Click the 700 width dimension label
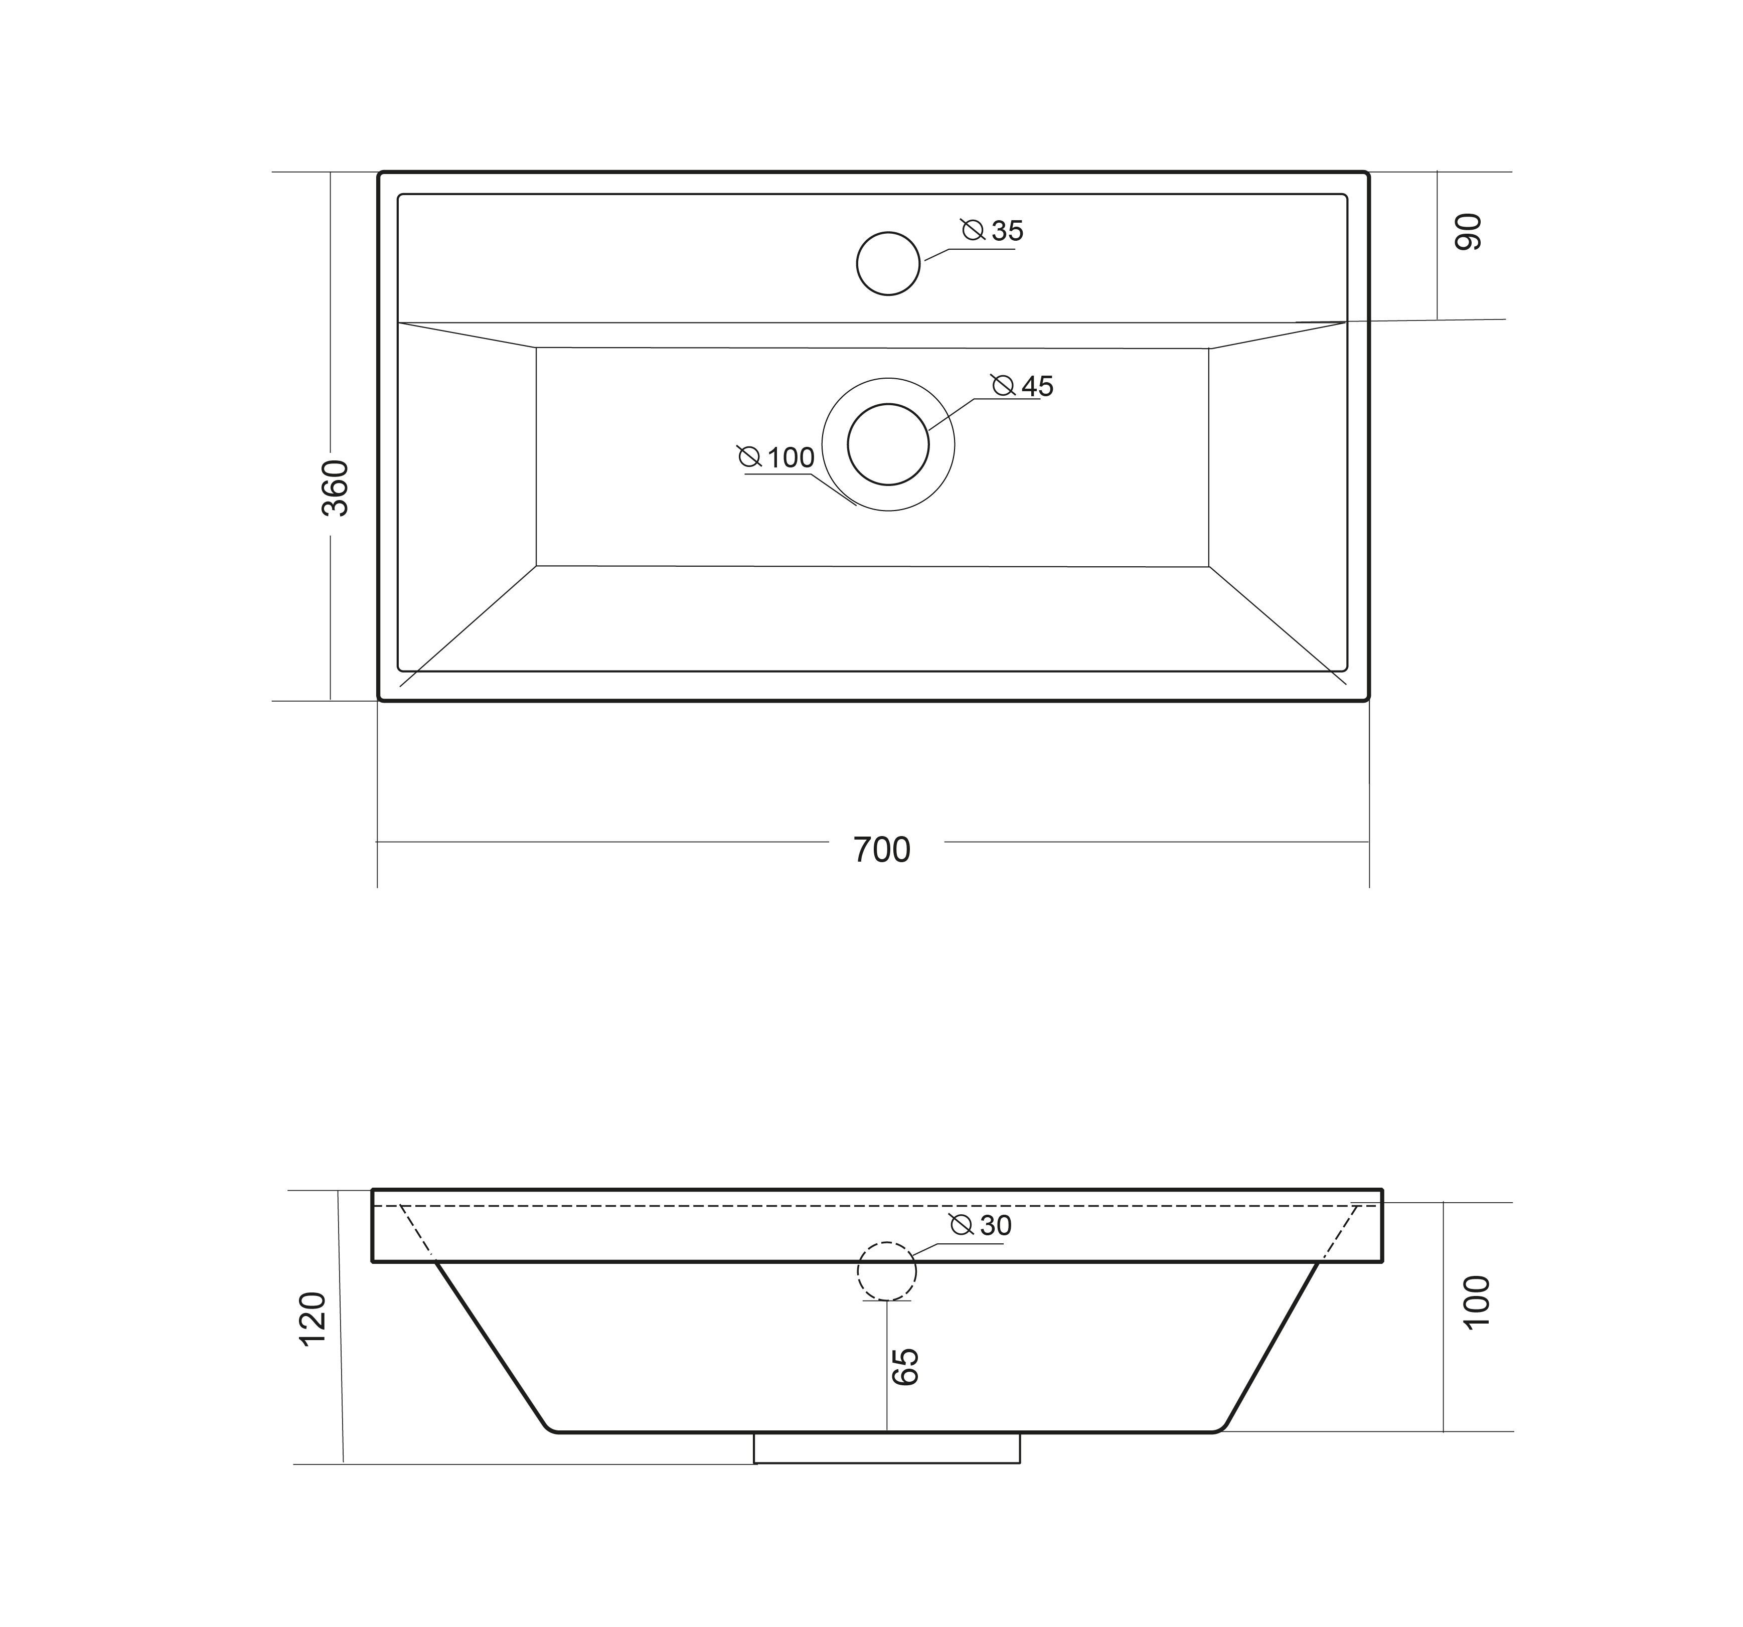882,850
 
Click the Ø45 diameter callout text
1022,386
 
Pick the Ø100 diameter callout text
776,457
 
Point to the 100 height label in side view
1477,1302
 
